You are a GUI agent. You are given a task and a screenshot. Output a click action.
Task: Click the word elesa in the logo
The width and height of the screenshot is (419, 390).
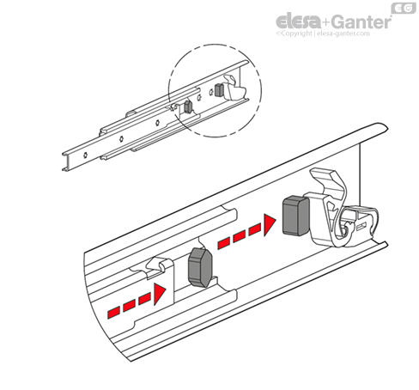299,21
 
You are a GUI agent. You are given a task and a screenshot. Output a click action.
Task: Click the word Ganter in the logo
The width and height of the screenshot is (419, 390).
362,21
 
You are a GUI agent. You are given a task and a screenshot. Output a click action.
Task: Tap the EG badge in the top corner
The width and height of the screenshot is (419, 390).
404,8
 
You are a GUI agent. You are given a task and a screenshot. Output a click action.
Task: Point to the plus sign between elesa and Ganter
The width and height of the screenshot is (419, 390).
327,22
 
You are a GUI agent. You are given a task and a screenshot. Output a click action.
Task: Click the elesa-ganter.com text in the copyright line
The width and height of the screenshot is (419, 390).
343,34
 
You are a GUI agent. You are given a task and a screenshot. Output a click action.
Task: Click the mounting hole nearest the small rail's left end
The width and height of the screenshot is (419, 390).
85,155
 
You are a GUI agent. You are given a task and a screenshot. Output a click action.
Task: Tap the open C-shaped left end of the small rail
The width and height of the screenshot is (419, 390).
66,161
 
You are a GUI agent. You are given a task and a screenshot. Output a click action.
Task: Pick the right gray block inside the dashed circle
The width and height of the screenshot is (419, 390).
219,90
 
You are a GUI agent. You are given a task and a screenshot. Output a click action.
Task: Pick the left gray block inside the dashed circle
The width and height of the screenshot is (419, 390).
188,107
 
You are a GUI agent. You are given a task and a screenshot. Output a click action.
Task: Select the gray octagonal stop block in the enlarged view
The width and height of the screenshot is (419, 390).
200,267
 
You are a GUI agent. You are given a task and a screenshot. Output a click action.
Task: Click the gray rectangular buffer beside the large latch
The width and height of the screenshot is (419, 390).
296,216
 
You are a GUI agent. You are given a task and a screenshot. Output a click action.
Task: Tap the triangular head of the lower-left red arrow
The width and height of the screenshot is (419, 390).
160,294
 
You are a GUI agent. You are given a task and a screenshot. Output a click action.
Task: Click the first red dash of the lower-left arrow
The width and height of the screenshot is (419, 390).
113,313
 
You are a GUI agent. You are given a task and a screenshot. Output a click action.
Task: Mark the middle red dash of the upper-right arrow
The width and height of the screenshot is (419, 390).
239,237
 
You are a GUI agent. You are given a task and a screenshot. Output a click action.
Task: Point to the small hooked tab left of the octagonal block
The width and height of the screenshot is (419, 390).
156,265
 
